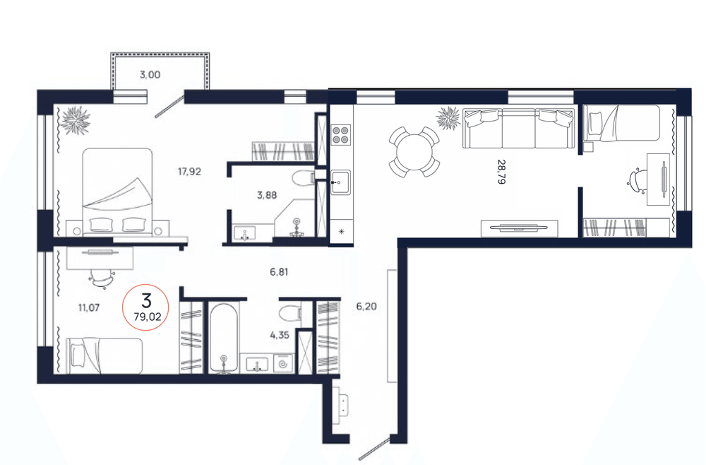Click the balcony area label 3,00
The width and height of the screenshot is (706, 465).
(150, 75)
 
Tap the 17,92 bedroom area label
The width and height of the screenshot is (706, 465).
(189, 171)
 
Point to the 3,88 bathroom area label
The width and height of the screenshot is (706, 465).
(267, 195)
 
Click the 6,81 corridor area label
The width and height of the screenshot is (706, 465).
(279, 271)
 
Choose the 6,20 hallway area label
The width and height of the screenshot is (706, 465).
(366, 307)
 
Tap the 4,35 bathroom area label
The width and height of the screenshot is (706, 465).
(279, 335)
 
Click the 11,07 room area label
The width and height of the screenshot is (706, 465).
(89, 307)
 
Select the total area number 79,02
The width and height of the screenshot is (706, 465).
(148, 317)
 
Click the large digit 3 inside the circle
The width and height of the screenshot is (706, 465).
(146, 300)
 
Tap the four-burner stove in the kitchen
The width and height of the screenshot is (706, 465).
(341, 134)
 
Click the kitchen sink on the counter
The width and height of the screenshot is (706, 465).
(341, 182)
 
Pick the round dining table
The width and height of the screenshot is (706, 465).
(414, 152)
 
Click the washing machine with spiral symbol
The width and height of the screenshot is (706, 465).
(283, 364)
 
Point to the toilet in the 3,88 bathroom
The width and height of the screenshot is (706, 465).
(303, 179)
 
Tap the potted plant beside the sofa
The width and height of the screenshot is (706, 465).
(448, 118)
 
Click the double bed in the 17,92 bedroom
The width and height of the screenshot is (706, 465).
(118, 192)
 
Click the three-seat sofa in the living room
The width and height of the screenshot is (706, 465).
(519, 128)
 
